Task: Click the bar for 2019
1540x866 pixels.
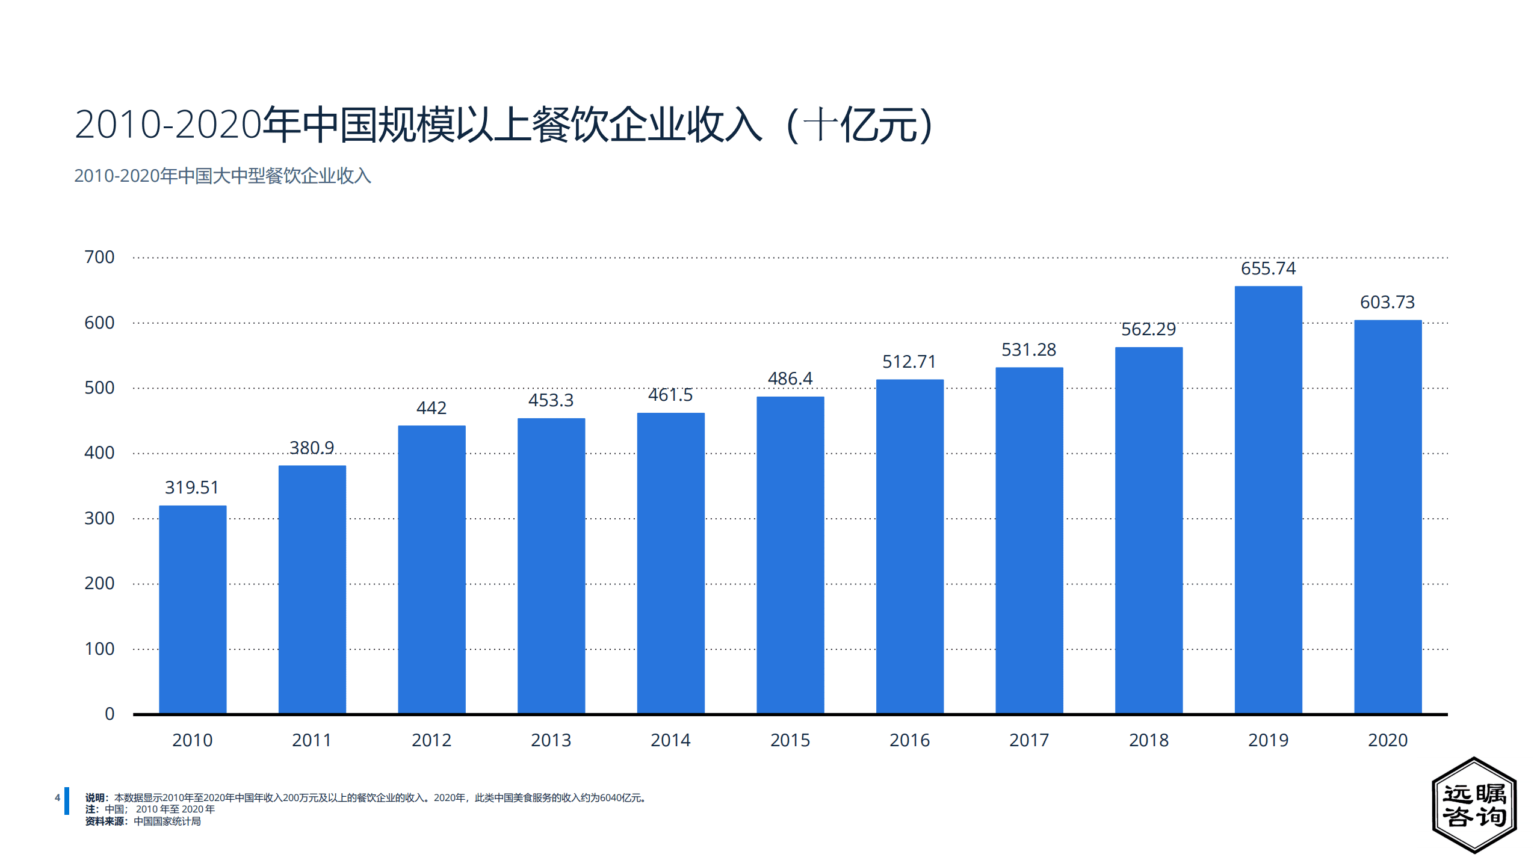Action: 1267,499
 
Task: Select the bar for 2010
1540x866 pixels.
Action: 193,609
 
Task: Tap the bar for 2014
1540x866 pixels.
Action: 670,563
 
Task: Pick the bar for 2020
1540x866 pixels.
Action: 1387,516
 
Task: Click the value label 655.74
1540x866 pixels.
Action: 1267,268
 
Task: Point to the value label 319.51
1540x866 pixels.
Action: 192,487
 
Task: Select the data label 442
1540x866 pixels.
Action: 431,408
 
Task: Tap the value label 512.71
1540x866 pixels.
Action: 909,362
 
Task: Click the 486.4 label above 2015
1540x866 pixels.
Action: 790,379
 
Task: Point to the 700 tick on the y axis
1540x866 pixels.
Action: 99,257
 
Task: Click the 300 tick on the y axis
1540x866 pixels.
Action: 99,518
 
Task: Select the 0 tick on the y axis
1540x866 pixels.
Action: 110,714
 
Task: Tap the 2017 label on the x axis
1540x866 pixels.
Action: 1028,740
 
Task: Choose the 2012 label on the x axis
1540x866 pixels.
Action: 431,740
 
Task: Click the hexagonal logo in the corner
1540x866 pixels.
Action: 1474,805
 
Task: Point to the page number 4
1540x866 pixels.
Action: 58,798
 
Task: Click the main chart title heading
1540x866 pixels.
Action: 503,125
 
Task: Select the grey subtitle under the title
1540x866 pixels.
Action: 223,176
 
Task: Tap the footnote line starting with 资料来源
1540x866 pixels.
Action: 143,821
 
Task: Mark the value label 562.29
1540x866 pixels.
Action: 1148,329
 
